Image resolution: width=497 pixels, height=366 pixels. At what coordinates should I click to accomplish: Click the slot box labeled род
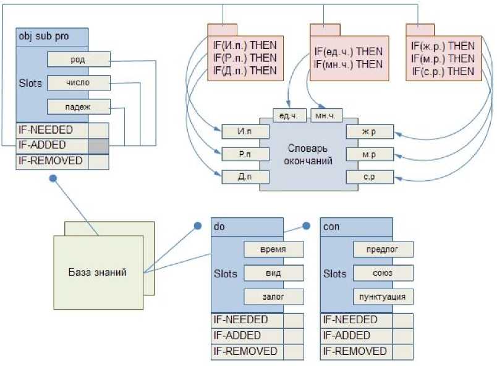(x=79, y=59)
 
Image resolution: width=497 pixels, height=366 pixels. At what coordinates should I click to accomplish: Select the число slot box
(x=79, y=83)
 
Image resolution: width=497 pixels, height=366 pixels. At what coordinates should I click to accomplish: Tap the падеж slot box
(x=79, y=107)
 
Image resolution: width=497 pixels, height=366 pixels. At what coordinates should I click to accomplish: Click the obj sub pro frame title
(x=44, y=37)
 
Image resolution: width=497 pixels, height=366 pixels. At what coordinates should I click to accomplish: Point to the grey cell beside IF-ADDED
(x=98, y=146)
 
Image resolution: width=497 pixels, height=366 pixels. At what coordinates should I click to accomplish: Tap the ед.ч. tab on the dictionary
(x=289, y=116)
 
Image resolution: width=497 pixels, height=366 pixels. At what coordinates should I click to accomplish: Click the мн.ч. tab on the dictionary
(x=326, y=116)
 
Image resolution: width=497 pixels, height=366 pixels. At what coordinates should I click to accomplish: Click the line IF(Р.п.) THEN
(x=245, y=58)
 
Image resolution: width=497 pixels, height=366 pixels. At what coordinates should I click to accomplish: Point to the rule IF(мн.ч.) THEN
(x=348, y=64)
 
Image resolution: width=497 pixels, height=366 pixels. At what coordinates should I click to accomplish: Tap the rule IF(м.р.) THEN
(x=443, y=58)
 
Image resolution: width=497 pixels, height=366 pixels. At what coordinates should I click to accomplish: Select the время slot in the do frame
(x=273, y=249)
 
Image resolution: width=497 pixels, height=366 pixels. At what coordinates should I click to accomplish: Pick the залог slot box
(x=273, y=297)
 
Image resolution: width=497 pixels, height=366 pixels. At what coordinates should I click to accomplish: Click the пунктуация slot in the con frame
(x=383, y=297)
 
